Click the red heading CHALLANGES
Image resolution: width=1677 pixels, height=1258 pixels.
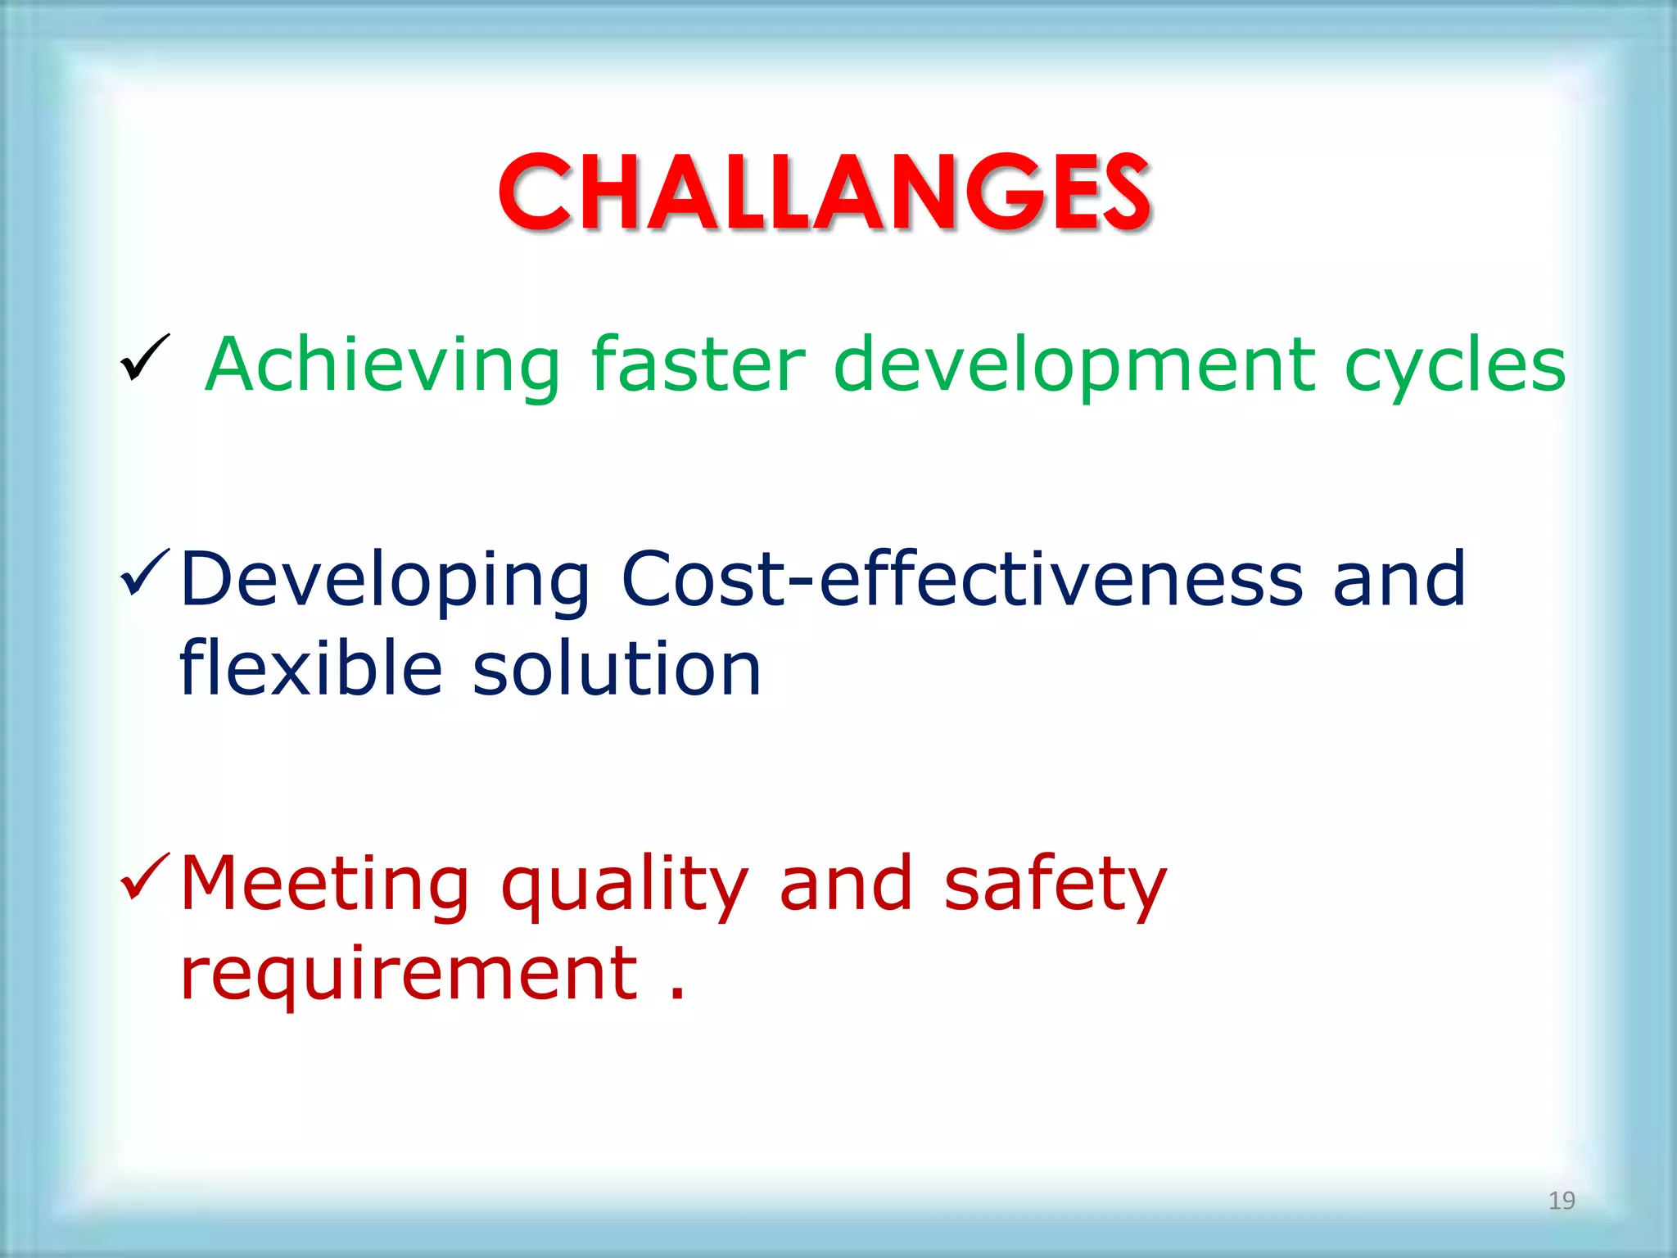825,193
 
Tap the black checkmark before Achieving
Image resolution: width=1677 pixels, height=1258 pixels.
144,358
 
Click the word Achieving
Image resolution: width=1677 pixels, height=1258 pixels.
383,366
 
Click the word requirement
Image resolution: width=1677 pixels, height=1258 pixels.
409,975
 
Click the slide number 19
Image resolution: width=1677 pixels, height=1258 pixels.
1562,1201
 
